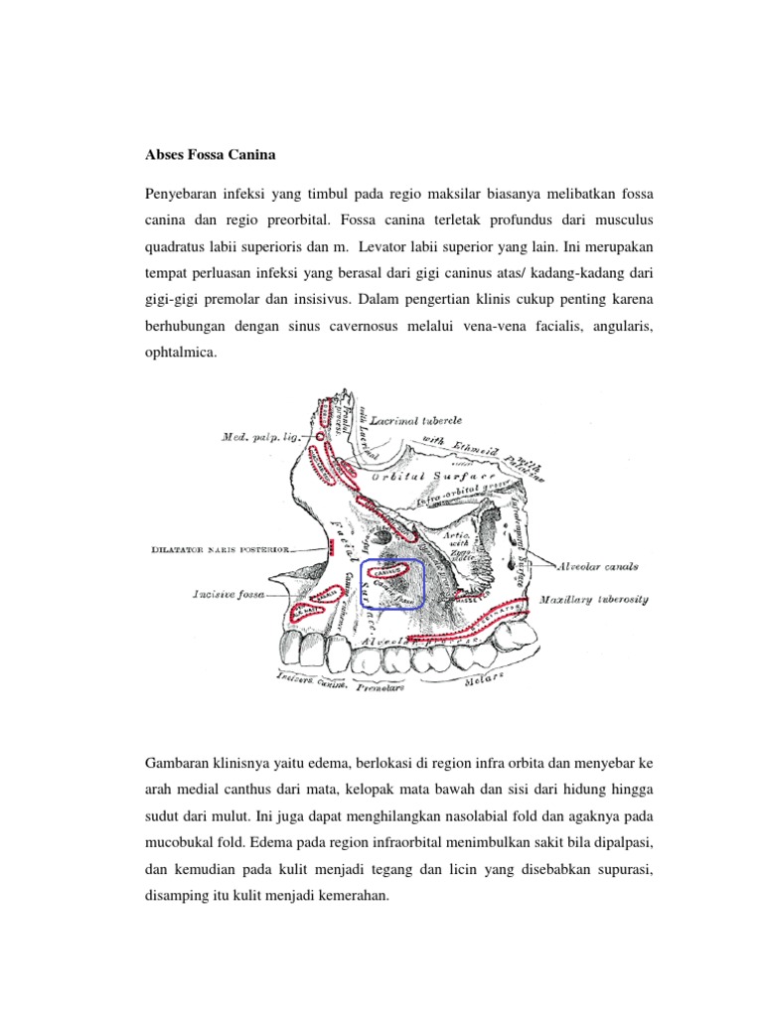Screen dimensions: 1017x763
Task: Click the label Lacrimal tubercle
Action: coord(416,421)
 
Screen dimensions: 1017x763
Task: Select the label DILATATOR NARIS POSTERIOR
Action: coord(220,548)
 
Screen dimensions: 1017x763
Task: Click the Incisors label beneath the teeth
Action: coord(294,678)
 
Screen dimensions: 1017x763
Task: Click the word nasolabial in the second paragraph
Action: coord(448,816)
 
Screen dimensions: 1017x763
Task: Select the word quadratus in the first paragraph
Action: coord(177,244)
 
